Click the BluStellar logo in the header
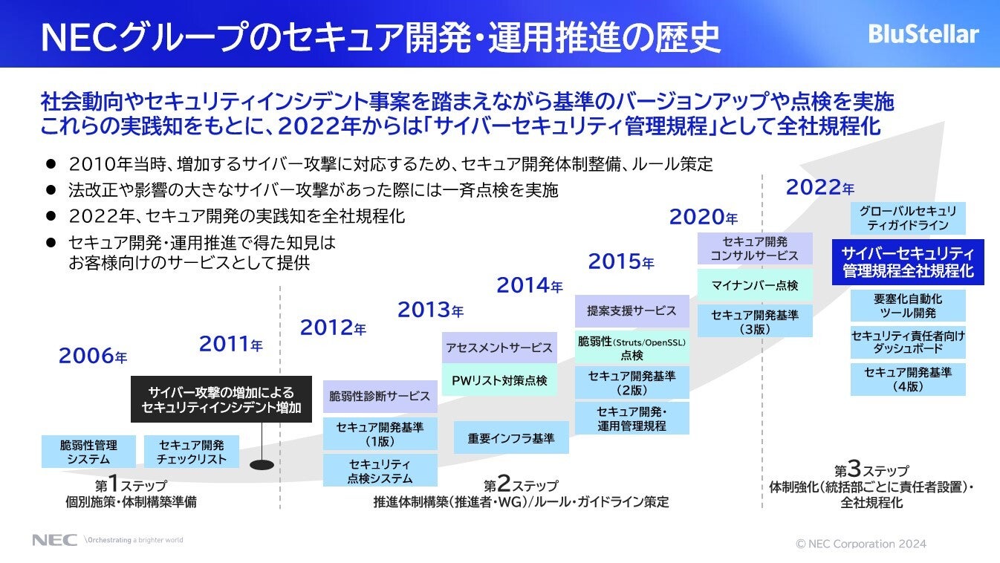pyautogui.click(x=923, y=34)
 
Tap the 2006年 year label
pyautogui.click(x=93, y=357)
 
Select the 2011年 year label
pyautogui.click(x=230, y=345)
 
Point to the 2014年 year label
pyautogui.click(x=529, y=285)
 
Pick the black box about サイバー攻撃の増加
pyautogui.click(x=221, y=400)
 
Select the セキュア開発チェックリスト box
pyautogui.click(x=192, y=452)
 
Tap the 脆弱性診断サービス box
pyautogui.click(x=380, y=397)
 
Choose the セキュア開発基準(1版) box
pyautogui.click(x=380, y=434)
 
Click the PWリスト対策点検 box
pyautogui.click(x=499, y=380)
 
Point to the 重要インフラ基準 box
pyautogui.click(x=511, y=438)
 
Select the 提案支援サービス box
pyautogui.click(x=632, y=310)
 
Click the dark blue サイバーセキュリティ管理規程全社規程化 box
pyautogui.click(x=908, y=261)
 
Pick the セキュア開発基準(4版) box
pyautogui.click(x=908, y=379)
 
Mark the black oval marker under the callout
pyautogui.click(x=262, y=466)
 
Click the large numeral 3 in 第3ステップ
pyautogui.click(x=854, y=469)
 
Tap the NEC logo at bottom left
pyautogui.click(x=54, y=540)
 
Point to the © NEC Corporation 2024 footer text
pyautogui.click(x=861, y=544)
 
